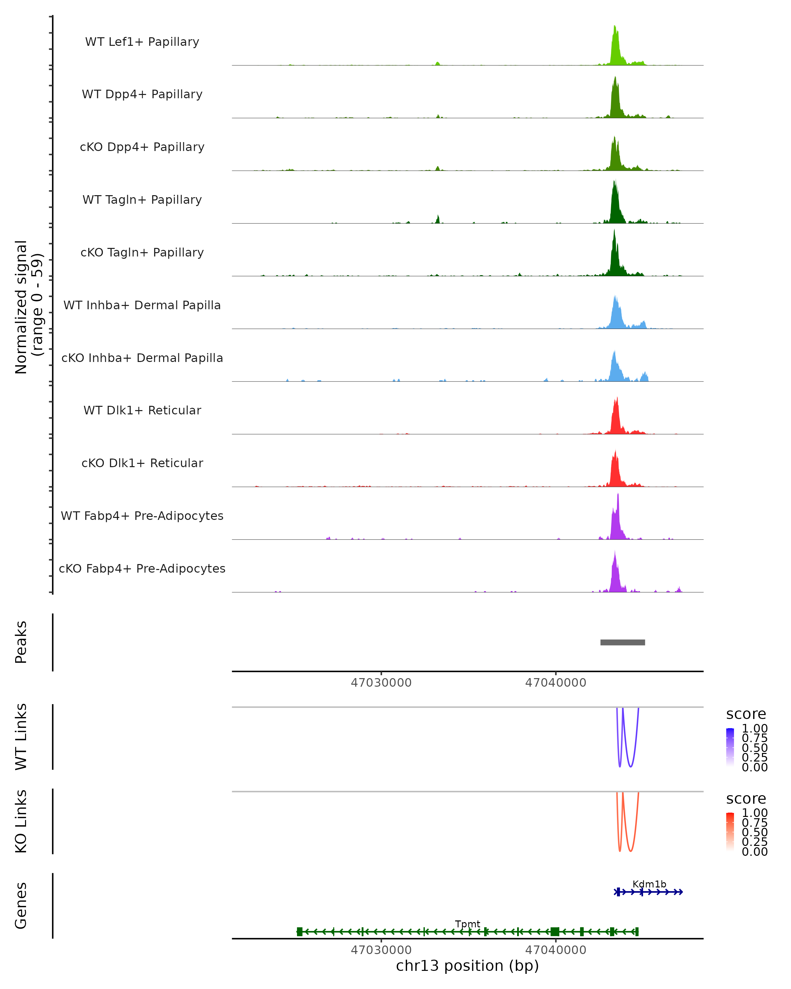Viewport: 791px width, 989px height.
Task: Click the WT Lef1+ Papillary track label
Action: (x=142, y=42)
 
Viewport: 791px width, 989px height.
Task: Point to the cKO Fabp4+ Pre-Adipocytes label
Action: (x=142, y=568)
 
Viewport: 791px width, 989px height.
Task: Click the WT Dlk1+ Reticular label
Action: (x=142, y=410)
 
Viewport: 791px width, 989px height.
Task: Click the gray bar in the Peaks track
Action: (x=622, y=642)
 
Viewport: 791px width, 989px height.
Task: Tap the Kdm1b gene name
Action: (x=649, y=884)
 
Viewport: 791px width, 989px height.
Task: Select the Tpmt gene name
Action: (x=467, y=924)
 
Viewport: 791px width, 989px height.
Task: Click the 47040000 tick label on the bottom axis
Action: (x=555, y=950)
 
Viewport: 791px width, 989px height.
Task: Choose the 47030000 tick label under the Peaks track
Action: (x=381, y=683)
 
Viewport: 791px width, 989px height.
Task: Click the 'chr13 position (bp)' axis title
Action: (x=467, y=966)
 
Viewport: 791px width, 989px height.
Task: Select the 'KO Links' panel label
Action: (x=21, y=822)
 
